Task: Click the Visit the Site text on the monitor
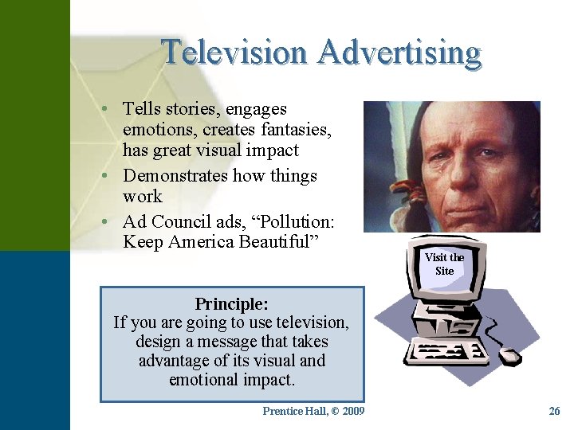[444, 264]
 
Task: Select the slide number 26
[555, 411]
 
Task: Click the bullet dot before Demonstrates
[105, 177]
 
